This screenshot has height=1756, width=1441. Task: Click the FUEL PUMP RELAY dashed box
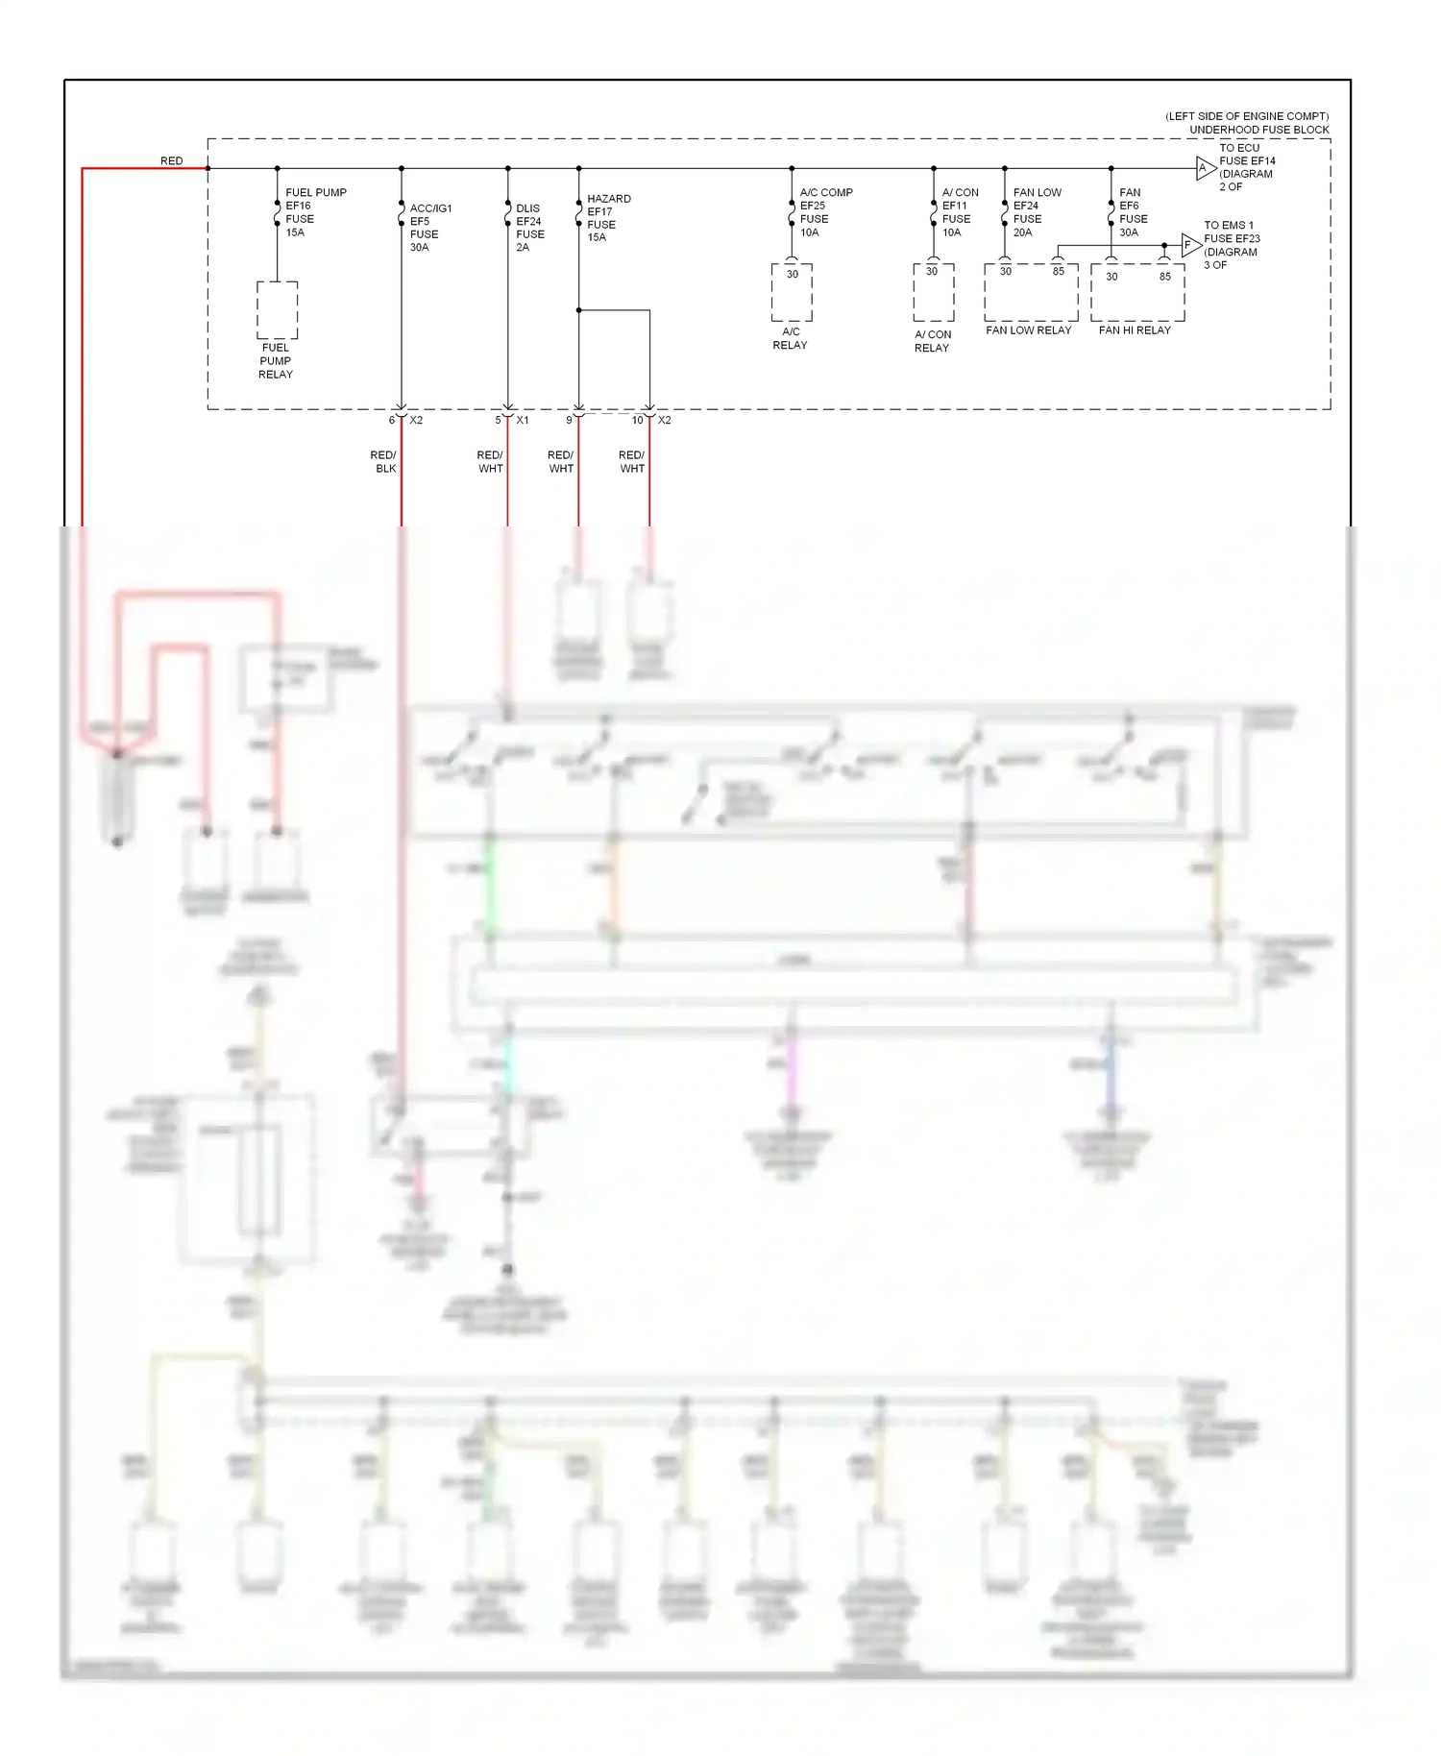tap(277, 310)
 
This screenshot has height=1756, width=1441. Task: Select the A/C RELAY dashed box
tap(792, 293)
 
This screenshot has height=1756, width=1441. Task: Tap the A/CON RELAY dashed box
tap(933, 293)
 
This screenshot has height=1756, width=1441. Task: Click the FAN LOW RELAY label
tap(1028, 330)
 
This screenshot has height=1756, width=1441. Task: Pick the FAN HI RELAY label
tap(1135, 330)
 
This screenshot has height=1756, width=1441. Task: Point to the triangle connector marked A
tap(1205, 168)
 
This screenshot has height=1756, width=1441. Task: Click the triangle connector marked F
tap(1190, 245)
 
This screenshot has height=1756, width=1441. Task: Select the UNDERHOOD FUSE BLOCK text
tap(1258, 130)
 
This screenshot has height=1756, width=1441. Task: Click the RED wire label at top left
tap(171, 160)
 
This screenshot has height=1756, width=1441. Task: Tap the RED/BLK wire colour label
tap(384, 462)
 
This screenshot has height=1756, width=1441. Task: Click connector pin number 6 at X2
tap(391, 421)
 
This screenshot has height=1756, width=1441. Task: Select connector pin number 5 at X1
tap(498, 421)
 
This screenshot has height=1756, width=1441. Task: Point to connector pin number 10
tap(637, 421)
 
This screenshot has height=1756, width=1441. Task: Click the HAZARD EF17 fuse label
tap(608, 218)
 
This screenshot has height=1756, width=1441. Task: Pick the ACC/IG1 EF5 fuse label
tap(428, 228)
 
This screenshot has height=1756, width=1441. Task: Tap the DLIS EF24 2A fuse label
tap(529, 228)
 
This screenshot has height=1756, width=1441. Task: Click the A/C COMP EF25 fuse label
tap(824, 212)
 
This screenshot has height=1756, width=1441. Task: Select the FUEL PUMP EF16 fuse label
tap(314, 212)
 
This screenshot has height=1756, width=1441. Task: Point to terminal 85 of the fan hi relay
tap(1164, 277)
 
